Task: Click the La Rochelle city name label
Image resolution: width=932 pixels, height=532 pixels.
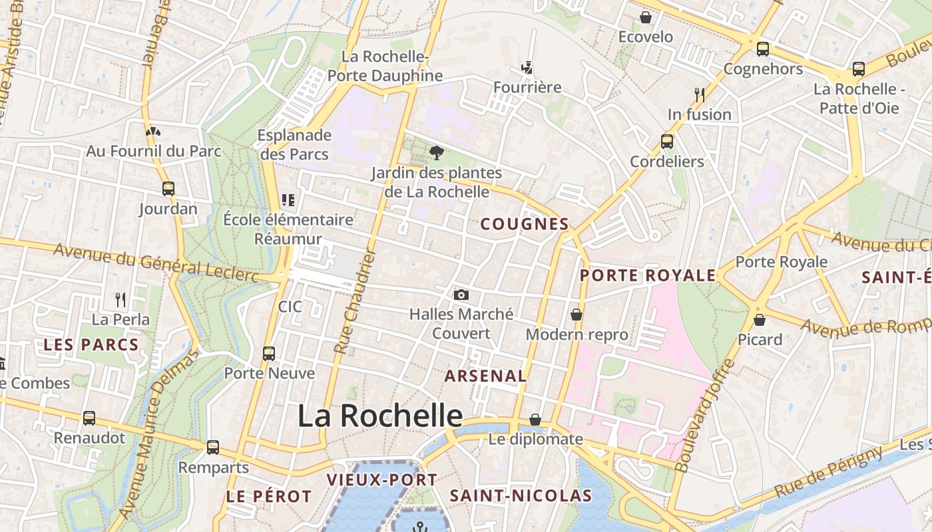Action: click(379, 416)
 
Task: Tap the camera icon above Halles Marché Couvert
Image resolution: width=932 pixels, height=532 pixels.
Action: click(461, 295)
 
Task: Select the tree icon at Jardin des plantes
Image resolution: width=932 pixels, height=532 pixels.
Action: click(437, 154)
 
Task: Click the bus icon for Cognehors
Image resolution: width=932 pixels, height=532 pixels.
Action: click(763, 49)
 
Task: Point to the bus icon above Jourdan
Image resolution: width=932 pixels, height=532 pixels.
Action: click(168, 189)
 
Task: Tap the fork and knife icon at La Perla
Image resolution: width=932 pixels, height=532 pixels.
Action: click(120, 300)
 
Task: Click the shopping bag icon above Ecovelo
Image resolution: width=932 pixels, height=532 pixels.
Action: click(645, 17)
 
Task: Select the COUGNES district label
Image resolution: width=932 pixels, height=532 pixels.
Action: click(525, 224)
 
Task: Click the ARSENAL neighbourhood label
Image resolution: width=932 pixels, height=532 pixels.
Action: click(485, 376)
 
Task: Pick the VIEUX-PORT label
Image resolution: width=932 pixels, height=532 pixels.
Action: click(381, 479)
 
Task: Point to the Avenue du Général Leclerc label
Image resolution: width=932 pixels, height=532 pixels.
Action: click(156, 262)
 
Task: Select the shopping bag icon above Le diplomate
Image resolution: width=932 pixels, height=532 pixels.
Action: click(535, 420)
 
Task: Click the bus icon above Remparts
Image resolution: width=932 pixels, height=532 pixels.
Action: click(213, 448)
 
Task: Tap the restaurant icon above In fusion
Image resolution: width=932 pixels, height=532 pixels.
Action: click(699, 95)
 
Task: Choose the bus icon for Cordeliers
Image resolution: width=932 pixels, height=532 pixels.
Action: click(666, 142)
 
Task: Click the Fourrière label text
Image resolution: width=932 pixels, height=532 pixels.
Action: click(527, 87)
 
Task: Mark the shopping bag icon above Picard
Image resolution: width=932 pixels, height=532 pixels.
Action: click(759, 320)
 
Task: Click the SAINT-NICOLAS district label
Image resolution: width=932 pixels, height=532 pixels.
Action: click(521, 495)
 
